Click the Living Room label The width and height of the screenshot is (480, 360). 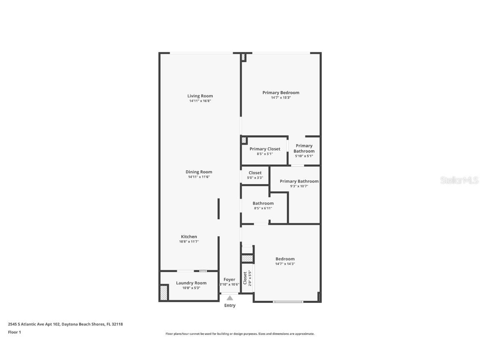coord(200,96)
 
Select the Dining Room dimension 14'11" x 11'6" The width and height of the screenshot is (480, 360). coord(199,177)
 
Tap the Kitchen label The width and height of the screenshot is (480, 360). coord(189,237)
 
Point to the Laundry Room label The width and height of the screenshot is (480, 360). coord(191,283)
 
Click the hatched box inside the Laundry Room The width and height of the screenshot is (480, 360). coord(164,292)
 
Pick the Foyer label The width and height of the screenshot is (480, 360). coord(229,280)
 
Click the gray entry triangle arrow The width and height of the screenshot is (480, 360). coord(230,297)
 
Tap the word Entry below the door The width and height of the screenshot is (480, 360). coord(230,305)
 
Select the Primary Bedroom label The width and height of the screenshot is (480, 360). coord(280,92)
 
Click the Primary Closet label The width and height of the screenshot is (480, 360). coord(265,149)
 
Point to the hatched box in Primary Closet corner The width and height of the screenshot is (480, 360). coord(244,140)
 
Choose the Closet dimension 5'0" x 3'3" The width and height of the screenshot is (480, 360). coord(255,178)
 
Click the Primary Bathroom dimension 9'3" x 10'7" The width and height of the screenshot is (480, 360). coord(299,186)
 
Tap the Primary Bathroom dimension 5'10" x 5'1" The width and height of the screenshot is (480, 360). coord(304,156)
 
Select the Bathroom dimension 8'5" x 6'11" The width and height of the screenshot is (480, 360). coord(263,208)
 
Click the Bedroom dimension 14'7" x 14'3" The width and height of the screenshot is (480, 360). coord(285,264)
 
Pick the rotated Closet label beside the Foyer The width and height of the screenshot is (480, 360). coord(245,277)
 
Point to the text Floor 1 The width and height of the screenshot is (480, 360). coord(14,332)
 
